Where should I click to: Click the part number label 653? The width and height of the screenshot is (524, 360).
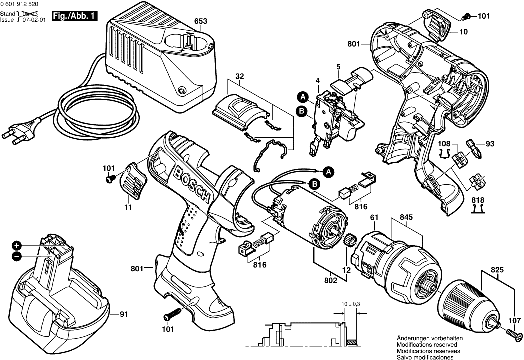click(x=201, y=21)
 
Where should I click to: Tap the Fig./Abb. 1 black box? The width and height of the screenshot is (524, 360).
click(x=75, y=16)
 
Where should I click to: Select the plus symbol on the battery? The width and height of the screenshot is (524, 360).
click(x=17, y=246)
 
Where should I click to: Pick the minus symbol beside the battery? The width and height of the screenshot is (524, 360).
click(x=17, y=256)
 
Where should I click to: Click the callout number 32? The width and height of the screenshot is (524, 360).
click(x=239, y=77)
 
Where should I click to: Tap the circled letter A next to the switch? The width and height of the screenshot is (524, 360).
click(x=303, y=96)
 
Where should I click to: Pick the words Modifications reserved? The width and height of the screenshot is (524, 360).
click(x=426, y=345)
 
